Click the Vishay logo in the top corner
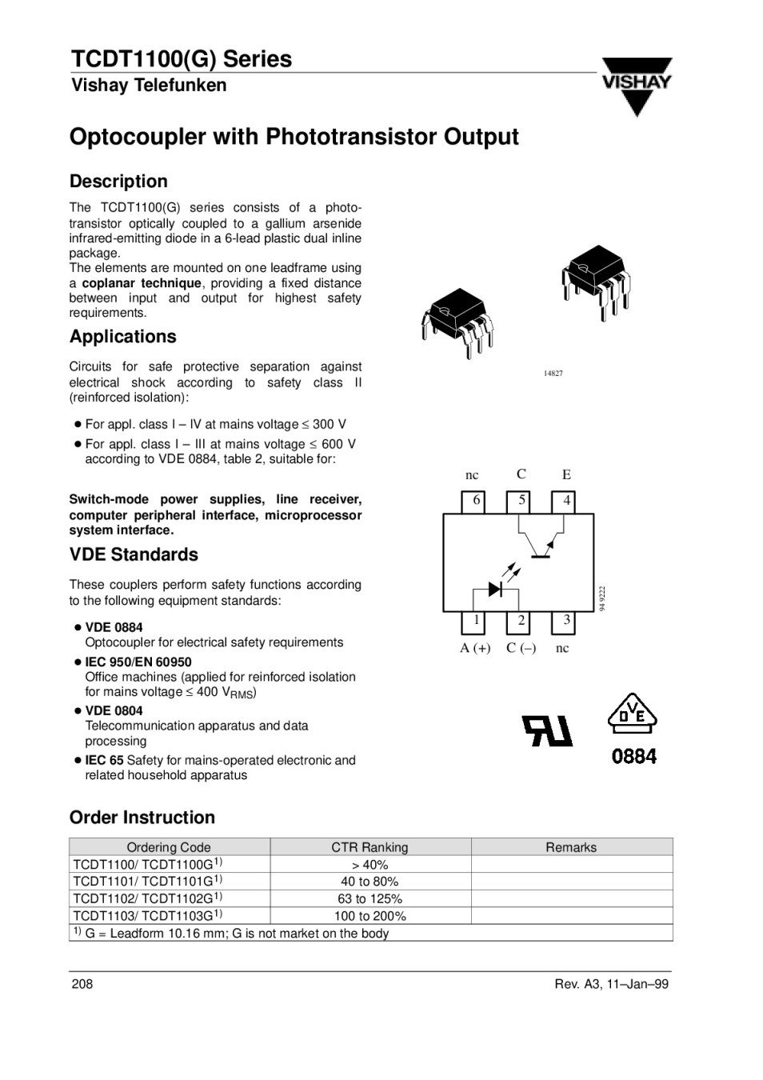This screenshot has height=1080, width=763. [637, 86]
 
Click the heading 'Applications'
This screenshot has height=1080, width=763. [122, 337]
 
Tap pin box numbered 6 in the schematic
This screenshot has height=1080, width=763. [477, 501]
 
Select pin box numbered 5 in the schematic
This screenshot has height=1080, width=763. [521, 501]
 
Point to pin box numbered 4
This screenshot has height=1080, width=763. [566, 501]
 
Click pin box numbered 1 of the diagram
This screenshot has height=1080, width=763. [477, 622]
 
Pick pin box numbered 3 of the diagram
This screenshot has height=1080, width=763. [566, 622]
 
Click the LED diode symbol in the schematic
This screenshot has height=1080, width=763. [495, 590]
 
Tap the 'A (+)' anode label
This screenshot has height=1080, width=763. [475, 648]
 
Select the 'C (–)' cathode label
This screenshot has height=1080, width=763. [521, 648]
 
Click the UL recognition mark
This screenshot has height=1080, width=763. [547, 730]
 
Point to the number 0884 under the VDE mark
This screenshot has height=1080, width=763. [633, 756]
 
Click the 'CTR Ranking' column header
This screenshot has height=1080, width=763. [370, 847]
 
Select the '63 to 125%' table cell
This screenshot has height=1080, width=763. [370, 898]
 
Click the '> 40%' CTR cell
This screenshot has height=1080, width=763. [370, 865]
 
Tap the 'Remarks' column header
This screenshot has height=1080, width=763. [571, 847]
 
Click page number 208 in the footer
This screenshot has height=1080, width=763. [82, 984]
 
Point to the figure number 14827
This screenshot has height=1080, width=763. [553, 374]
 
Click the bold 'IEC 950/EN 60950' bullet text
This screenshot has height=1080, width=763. [138, 662]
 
